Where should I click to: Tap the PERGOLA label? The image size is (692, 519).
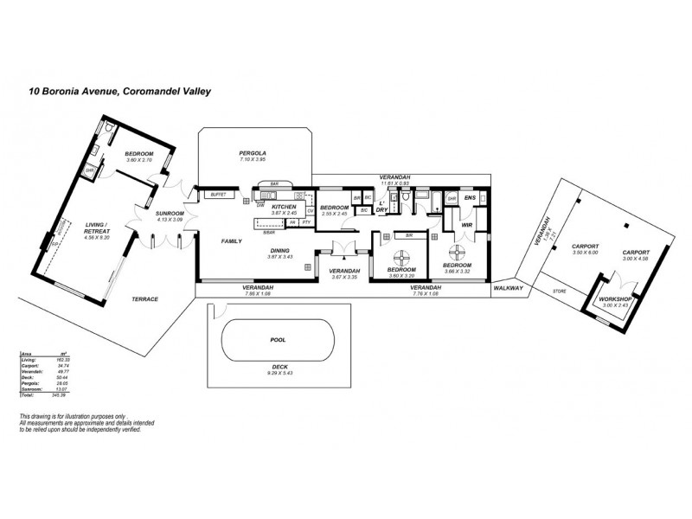click(251, 153)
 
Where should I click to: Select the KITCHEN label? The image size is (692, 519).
click(285, 208)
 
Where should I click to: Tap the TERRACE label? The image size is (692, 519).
click(144, 298)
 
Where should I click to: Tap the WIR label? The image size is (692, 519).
click(466, 225)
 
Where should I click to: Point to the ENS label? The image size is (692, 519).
click(470, 198)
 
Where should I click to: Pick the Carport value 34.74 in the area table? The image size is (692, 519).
click(61, 366)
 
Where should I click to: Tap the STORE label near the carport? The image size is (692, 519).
click(559, 292)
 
